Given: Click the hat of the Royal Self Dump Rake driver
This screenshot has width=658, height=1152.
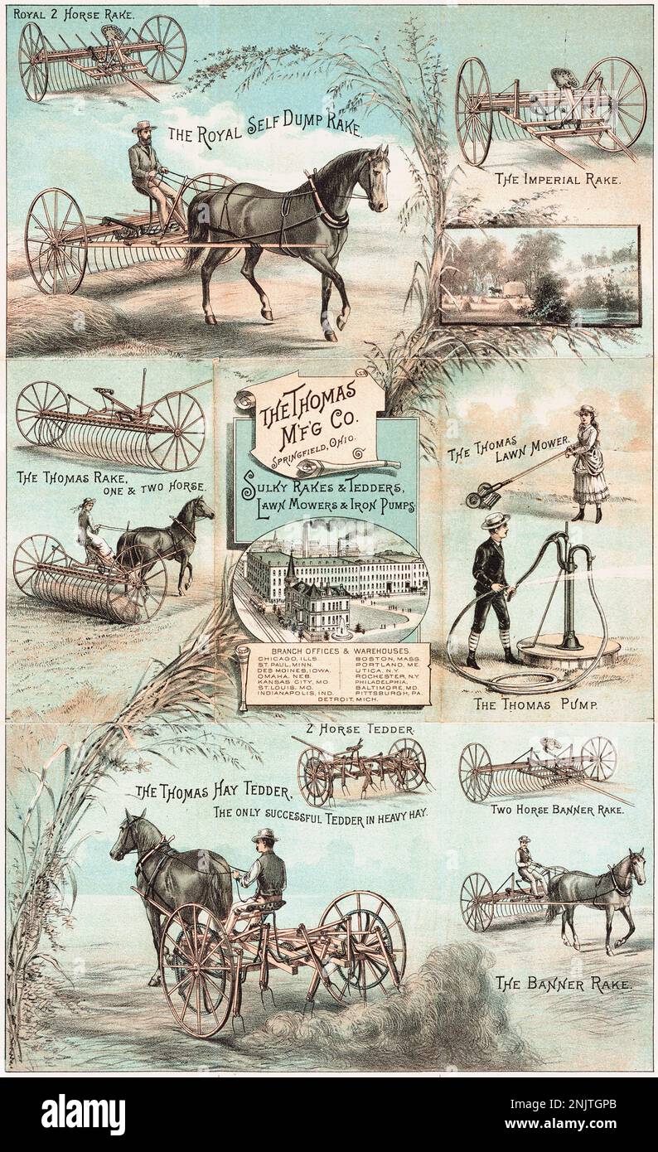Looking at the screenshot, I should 144,127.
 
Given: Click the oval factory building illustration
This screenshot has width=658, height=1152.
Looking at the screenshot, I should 331,580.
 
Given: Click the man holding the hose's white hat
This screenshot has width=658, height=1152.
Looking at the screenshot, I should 496,520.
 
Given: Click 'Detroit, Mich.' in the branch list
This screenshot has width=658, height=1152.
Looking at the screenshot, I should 332,700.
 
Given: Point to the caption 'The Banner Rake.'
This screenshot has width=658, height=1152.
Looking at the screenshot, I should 563,984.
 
